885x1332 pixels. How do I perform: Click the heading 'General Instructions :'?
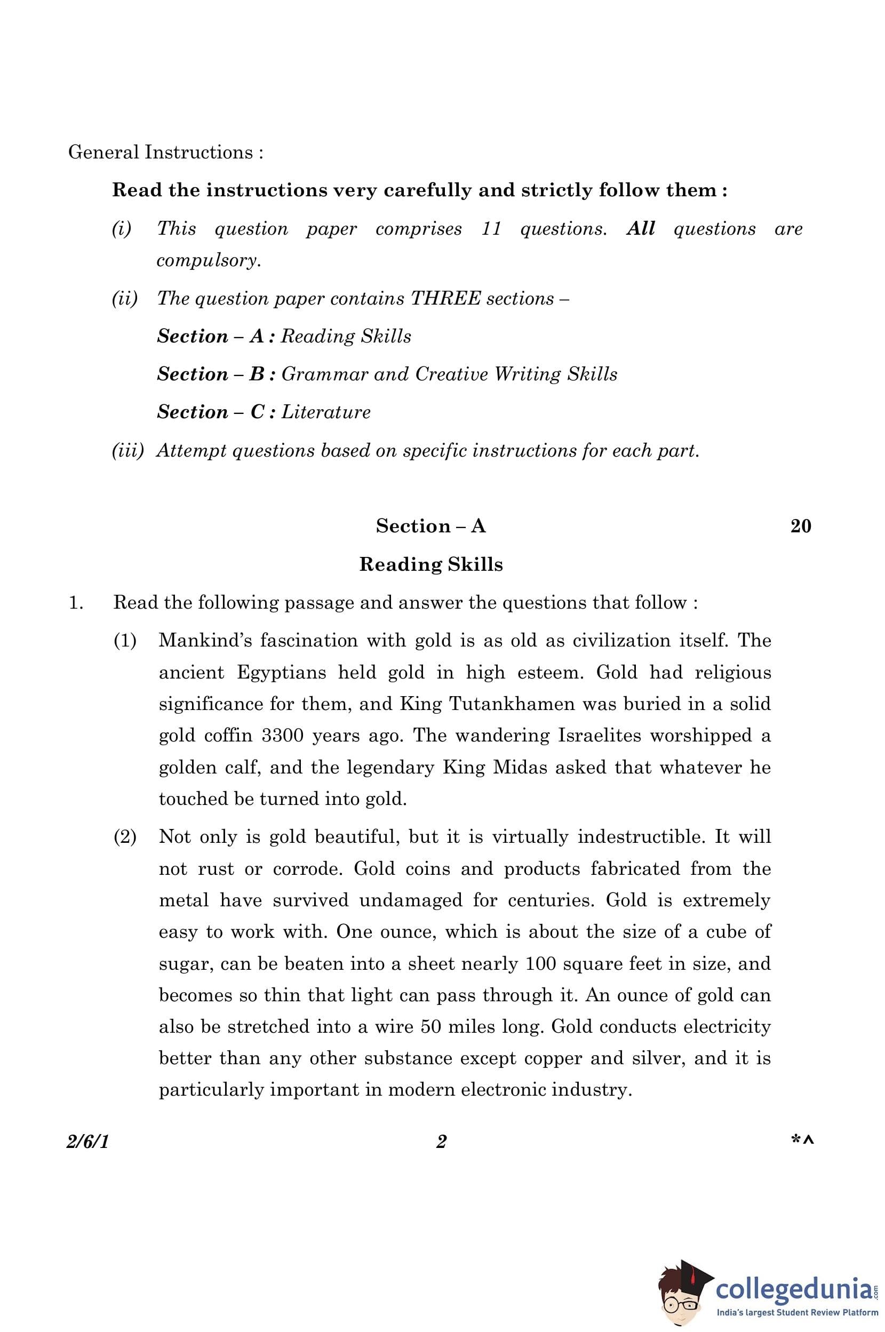pyautogui.click(x=165, y=153)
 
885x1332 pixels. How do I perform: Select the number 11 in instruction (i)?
pyautogui.click(x=491, y=229)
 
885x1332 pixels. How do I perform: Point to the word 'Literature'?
pyautogui.click(x=325, y=412)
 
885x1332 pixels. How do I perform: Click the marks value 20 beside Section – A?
pyautogui.click(x=800, y=526)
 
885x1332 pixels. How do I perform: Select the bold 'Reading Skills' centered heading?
pyautogui.click(x=430, y=564)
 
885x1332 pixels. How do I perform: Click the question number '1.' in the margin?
pyautogui.click(x=76, y=603)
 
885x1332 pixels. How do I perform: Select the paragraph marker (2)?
pyautogui.click(x=125, y=836)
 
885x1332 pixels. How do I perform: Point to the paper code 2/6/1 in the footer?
pyautogui.click(x=87, y=1142)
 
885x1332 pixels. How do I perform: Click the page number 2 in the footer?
pyautogui.click(x=441, y=1142)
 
